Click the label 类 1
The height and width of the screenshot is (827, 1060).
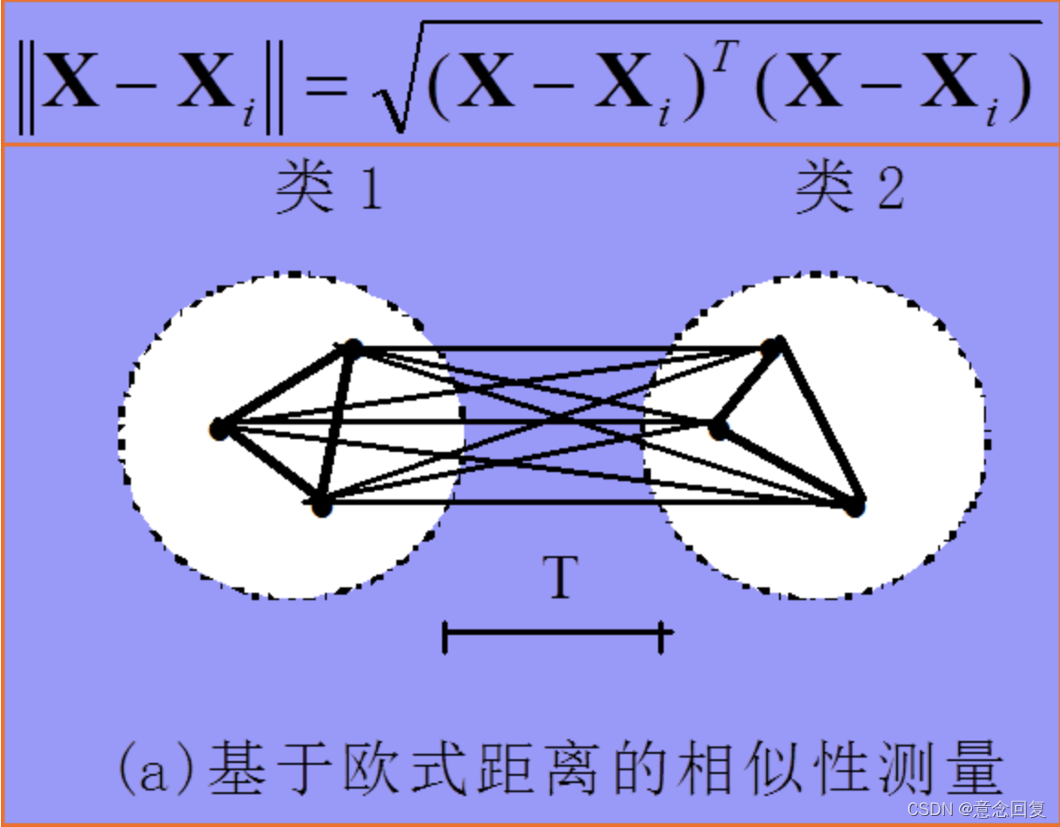coord(329,189)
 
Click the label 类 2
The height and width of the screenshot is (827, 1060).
coord(849,189)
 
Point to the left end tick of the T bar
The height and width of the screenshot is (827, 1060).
coord(445,636)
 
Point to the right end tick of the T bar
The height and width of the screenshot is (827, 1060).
coord(661,636)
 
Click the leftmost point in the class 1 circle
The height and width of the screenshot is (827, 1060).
coord(218,428)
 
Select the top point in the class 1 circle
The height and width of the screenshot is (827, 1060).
coord(352,348)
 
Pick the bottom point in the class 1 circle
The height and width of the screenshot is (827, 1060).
coord(321,506)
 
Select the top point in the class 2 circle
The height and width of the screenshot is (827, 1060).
coord(773,346)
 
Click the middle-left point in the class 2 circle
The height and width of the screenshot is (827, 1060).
coord(719,427)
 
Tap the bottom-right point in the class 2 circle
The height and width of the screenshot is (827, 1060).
coord(854,506)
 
